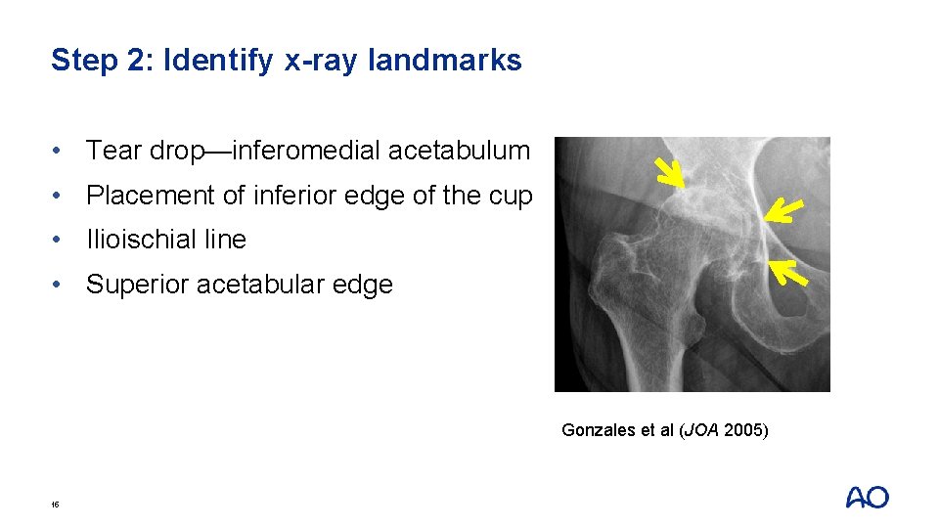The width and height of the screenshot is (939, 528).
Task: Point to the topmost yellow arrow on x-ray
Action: point(670,173)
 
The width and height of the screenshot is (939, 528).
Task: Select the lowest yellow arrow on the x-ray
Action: point(789,272)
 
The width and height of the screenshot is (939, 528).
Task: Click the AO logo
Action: point(867,498)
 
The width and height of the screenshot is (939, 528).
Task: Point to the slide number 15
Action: point(55,505)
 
